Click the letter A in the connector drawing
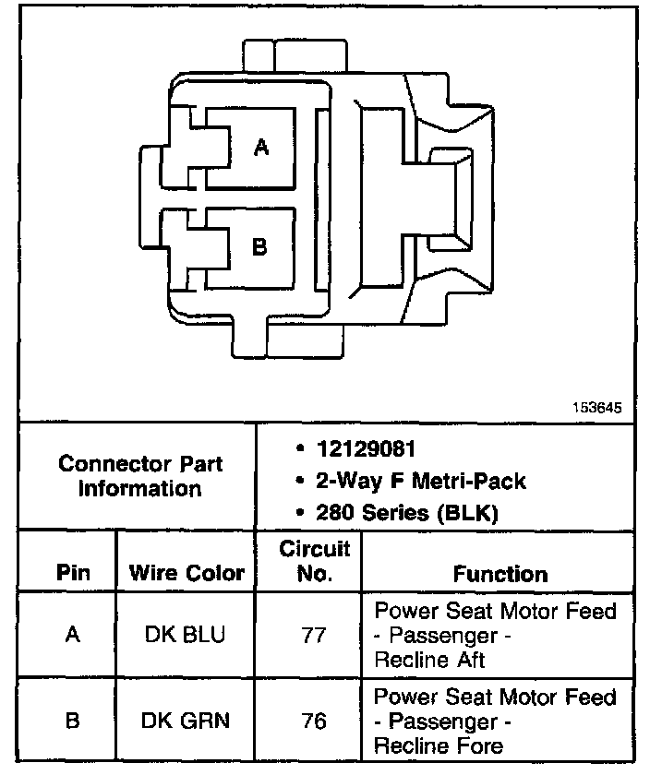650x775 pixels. pyautogui.click(x=261, y=147)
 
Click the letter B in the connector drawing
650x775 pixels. pyautogui.click(x=260, y=246)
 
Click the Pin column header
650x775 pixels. pyautogui.click(x=73, y=573)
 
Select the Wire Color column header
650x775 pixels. pyautogui.click(x=187, y=573)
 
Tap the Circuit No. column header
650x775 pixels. pyautogui.click(x=315, y=561)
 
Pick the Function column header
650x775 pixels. pyautogui.click(x=500, y=573)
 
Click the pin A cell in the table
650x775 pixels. pyautogui.click(x=73, y=635)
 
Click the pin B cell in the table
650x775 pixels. pyautogui.click(x=73, y=721)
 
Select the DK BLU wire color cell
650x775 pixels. pyautogui.click(x=186, y=635)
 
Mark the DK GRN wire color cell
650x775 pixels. pyautogui.click(x=186, y=721)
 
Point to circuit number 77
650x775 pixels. pyautogui.click(x=315, y=635)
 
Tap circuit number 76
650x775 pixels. pyautogui.click(x=315, y=721)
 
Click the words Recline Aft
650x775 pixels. pyautogui.click(x=430, y=659)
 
